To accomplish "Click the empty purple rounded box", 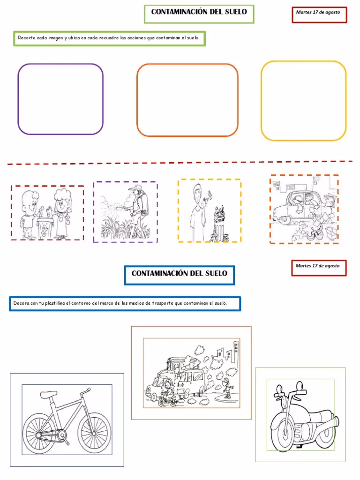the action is tap(18, 99).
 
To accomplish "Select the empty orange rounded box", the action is tap(137, 100).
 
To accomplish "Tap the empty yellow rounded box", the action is tap(261, 101).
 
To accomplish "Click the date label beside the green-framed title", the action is tap(318, 12).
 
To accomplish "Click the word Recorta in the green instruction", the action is tap(26, 38).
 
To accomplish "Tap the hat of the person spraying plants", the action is tap(135, 187).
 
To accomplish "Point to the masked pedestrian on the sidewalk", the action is tap(227, 388).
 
